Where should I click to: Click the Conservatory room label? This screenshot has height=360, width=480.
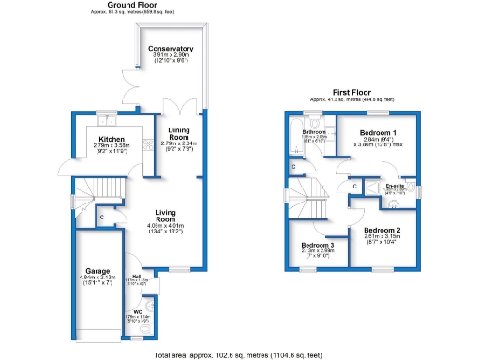pos(172,48)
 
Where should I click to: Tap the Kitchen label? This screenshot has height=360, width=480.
pos(112,139)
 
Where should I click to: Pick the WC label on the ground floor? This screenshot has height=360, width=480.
pos(138,310)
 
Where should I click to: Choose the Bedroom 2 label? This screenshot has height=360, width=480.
pos(382,230)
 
